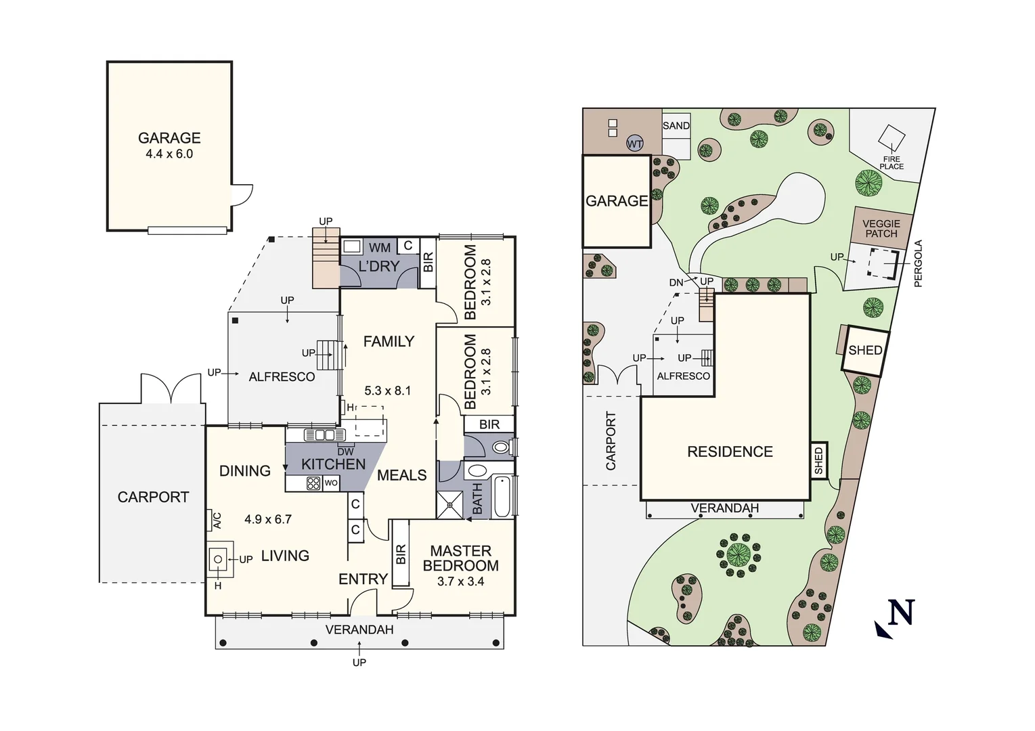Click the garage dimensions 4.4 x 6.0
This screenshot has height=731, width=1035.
(169, 154)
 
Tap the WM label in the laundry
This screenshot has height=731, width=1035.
(380, 248)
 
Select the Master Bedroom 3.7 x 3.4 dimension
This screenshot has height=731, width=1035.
(460, 581)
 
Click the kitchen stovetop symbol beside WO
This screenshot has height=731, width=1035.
(313, 483)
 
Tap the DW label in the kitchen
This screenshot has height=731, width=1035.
(345, 451)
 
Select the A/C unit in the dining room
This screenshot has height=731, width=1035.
(217, 520)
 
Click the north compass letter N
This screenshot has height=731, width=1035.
(901, 613)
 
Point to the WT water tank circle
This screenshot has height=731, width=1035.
(634, 143)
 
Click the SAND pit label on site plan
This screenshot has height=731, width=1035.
(676, 126)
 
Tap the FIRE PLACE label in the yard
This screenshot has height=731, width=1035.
(891, 163)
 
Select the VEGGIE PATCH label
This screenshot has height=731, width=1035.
(881, 229)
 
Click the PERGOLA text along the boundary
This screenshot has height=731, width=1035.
(919, 264)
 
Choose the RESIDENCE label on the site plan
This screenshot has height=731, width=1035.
(730, 451)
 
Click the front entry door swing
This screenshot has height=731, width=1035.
(364, 602)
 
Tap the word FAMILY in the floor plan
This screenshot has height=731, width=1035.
(389, 342)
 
